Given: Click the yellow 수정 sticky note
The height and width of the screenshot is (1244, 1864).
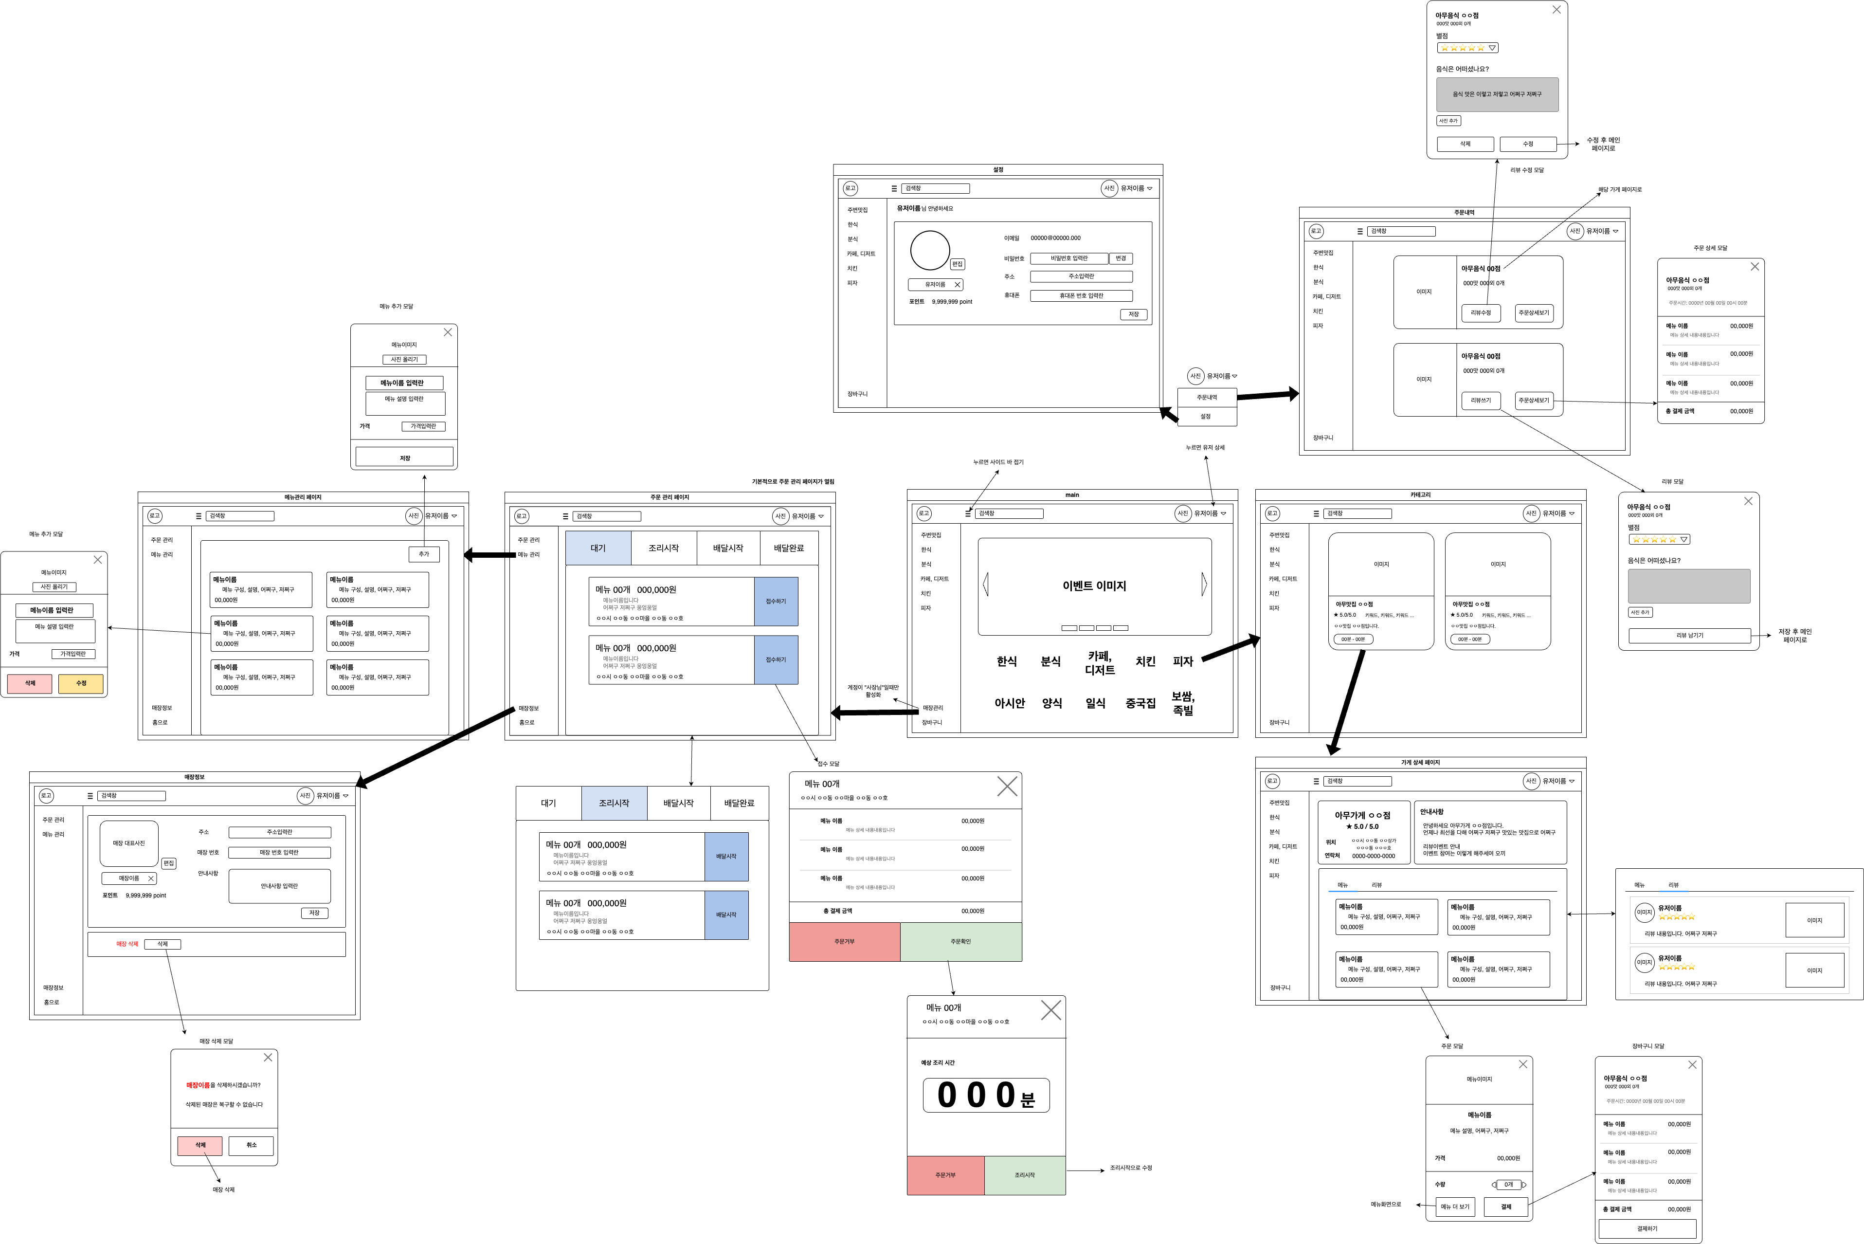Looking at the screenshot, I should (x=81, y=683).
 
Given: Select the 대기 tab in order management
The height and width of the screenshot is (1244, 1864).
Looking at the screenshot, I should (x=598, y=548).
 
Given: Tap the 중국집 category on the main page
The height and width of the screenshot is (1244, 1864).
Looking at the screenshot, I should (x=1140, y=703).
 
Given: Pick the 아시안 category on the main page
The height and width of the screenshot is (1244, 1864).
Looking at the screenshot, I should (x=1009, y=703).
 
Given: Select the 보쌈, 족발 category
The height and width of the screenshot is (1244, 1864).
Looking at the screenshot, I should (x=1183, y=703).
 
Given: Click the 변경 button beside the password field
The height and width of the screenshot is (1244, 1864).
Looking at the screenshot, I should (x=1120, y=258).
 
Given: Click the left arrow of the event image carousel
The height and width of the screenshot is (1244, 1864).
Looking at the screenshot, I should (x=986, y=585).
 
